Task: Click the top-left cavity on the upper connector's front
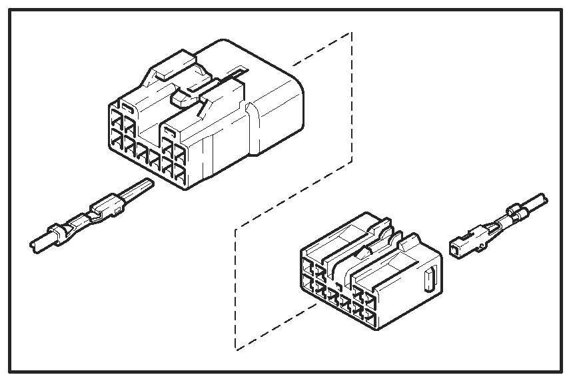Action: coord(115,123)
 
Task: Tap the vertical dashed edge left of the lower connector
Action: coord(236,287)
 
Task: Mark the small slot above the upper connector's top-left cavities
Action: coord(127,105)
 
